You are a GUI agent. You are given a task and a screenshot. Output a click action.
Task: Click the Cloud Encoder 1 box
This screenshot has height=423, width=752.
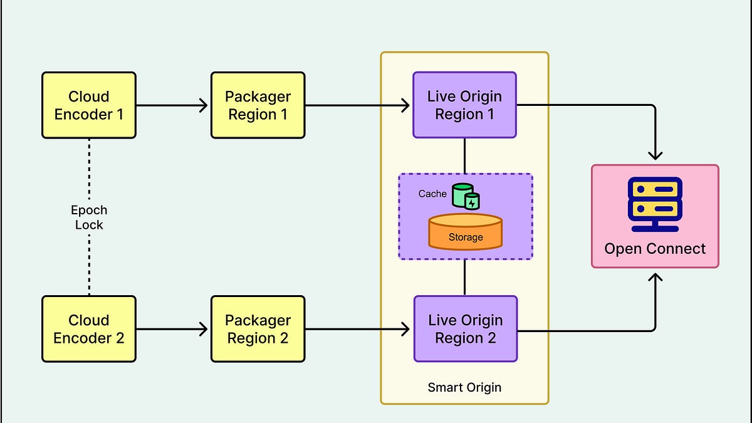[x=88, y=105]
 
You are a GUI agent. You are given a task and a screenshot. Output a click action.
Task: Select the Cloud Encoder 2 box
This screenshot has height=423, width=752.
[x=88, y=329]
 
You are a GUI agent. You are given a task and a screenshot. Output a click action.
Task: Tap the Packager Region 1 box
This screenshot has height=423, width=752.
[x=258, y=105]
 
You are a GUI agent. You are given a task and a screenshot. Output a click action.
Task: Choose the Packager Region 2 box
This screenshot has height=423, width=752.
[x=258, y=329]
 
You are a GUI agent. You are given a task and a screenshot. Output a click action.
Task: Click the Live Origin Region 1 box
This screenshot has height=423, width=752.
[x=464, y=105]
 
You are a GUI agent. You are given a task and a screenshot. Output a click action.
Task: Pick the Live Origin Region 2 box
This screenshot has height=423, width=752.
[x=465, y=329]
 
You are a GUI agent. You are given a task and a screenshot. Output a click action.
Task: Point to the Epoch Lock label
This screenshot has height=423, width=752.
[x=89, y=217]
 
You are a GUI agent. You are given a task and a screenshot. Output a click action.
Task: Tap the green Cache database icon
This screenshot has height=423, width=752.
[x=466, y=196]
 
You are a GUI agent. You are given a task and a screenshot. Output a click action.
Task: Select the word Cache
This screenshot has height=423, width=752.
[x=432, y=194]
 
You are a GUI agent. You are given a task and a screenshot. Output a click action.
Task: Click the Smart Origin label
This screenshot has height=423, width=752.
[x=464, y=387]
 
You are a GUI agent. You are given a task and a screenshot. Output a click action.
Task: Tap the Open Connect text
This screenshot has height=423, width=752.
[x=655, y=249]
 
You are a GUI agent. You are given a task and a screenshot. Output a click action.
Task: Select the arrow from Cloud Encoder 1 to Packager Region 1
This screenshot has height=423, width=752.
[x=172, y=105]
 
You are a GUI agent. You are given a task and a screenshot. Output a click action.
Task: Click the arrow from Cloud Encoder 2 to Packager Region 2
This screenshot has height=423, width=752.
[x=172, y=329]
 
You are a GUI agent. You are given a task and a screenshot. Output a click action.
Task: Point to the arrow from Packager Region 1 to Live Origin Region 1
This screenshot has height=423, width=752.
[x=357, y=105]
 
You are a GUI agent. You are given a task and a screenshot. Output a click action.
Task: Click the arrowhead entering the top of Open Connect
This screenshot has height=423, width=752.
[x=655, y=155]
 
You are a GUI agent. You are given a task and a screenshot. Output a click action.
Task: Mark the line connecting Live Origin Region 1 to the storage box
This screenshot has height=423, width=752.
[x=464, y=155]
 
